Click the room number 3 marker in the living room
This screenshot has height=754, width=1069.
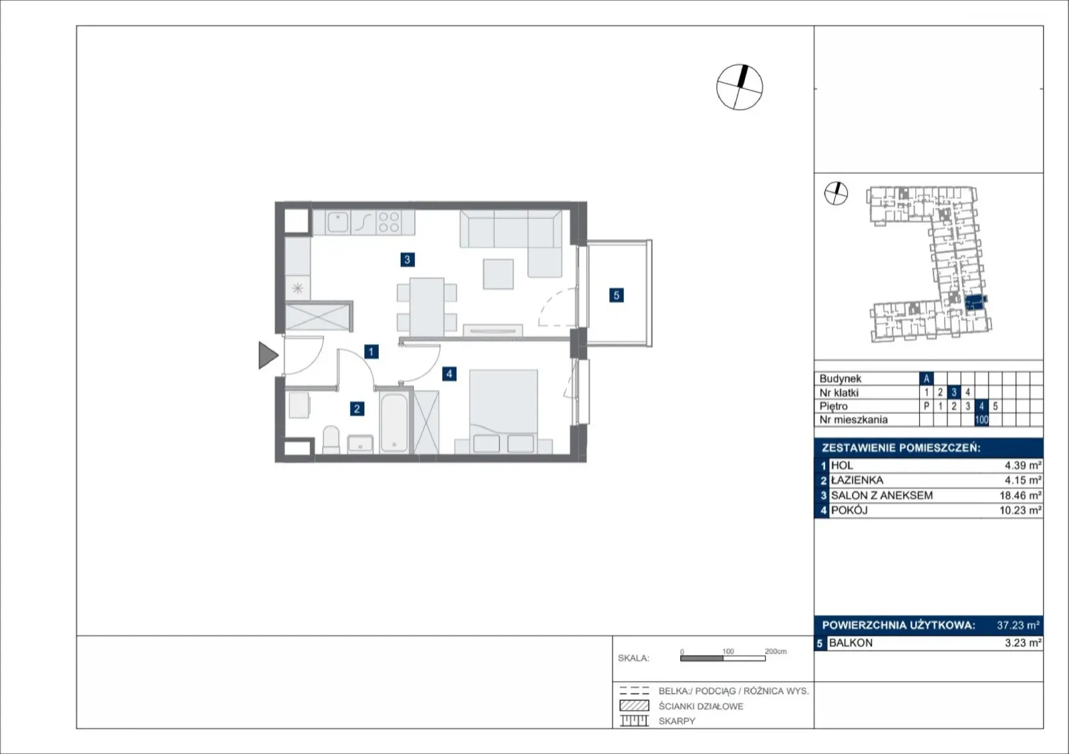(407, 260)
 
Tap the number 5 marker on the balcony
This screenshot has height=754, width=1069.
(616, 295)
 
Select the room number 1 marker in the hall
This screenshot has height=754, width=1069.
(371, 352)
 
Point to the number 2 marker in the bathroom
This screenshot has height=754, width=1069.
(357, 409)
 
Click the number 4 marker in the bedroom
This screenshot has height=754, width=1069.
(449, 374)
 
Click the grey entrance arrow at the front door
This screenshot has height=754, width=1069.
(268, 355)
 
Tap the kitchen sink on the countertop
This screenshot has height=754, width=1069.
(338, 222)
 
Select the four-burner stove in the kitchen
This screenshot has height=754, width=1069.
(388, 222)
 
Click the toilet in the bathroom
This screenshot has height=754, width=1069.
(331, 439)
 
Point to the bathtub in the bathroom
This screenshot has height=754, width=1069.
(394, 423)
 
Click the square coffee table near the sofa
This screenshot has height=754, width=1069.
(498, 274)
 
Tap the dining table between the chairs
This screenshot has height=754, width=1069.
(427, 307)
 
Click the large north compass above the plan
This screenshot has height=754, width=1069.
(740, 87)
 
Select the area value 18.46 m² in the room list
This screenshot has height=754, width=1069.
(1020, 496)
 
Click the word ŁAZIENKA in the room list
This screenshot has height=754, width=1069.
(857, 480)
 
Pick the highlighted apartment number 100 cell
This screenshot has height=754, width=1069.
(981, 420)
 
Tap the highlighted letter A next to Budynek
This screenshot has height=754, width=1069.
(926, 379)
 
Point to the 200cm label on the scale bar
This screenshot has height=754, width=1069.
(776, 651)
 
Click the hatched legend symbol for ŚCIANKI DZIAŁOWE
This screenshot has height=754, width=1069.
(634, 705)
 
